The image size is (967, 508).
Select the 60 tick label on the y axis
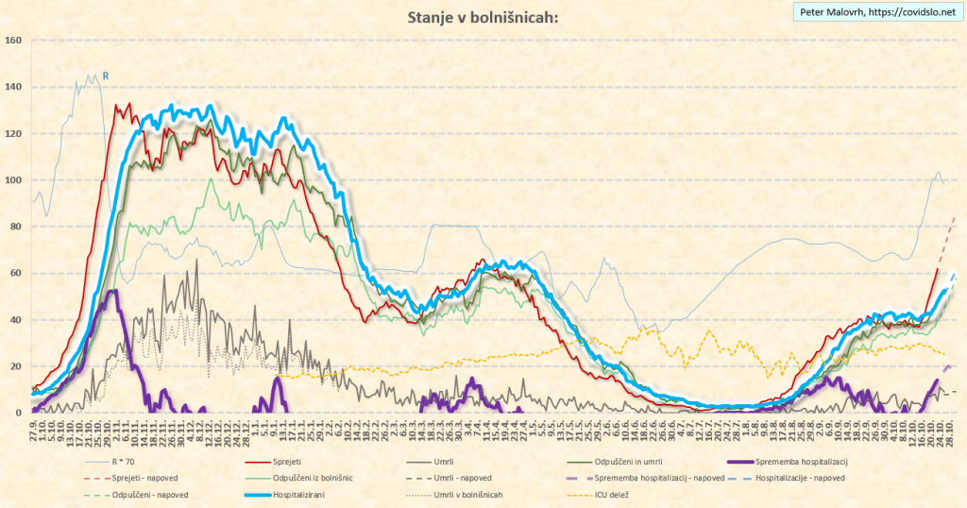tap(14, 274)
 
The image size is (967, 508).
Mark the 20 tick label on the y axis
tap(14, 366)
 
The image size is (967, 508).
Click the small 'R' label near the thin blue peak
tap(106, 76)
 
